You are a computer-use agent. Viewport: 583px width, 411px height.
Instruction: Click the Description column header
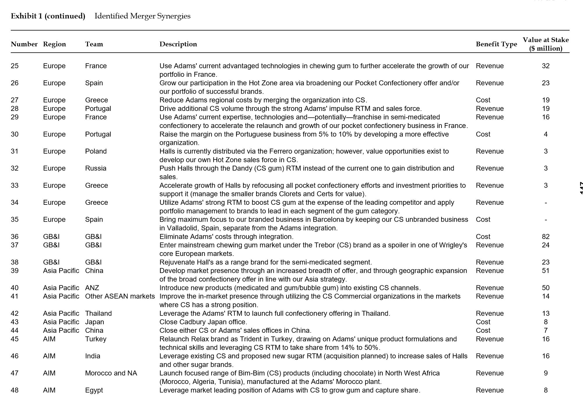pyautogui.click(x=178, y=44)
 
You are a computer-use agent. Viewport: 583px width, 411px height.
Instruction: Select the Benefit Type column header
pyautogui.click(x=496, y=44)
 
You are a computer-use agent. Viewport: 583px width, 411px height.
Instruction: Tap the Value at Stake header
pyautogui.click(x=545, y=44)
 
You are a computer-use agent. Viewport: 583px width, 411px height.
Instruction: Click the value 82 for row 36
pyautogui.click(x=545, y=237)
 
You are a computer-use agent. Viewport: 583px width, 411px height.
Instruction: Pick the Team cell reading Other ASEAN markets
pyautogui.click(x=120, y=296)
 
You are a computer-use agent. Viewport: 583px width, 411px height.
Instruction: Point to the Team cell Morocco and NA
pyautogui.click(x=111, y=373)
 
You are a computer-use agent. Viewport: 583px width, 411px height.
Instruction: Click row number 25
pyautogui.click(x=15, y=66)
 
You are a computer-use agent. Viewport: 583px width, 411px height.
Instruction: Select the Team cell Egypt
pyautogui.click(x=94, y=390)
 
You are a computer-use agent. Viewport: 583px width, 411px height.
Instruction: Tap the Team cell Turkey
pyautogui.click(x=95, y=339)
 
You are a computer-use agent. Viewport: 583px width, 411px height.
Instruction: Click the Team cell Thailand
pyautogui.click(x=98, y=314)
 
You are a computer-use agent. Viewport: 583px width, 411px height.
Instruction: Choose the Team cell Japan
pyautogui.click(x=94, y=322)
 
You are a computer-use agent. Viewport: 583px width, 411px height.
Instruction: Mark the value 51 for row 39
pyautogui.click(x=545, y=271)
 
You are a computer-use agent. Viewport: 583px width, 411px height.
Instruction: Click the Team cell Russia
pyautogui.click(x=95, y=168)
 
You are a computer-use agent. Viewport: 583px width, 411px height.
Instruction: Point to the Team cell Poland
pyautogui.click(x=96, y=152)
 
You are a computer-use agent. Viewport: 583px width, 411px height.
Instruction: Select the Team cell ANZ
pyautogui.click(x=92, y=288)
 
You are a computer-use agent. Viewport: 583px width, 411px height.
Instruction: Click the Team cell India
pyautogui.click(x=93, y=356)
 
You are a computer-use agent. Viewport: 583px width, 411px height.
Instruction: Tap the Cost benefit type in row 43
pyautogui.click(x=483, y=322)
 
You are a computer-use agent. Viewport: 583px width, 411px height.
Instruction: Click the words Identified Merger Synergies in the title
pyautogui.click(x=142, y=16)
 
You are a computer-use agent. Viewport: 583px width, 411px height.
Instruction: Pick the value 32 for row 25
pyautogui.click(x=545, y=66)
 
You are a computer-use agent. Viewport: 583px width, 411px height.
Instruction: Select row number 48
pyautogui.click(x=15, y=390)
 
